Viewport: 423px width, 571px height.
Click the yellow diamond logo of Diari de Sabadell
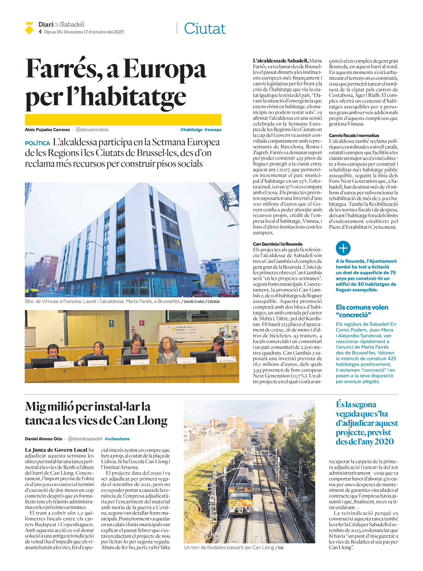tap(29, 28)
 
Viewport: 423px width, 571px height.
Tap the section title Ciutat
tap(205, 28)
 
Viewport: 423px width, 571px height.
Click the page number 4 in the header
tap(40, 32)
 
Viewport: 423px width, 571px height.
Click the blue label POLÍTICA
tap(37, 143)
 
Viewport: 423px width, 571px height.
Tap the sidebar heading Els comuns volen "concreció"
tap(362, 311)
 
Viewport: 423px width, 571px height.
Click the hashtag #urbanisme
tap(117, 439)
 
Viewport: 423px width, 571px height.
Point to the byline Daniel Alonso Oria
tap(43, 439)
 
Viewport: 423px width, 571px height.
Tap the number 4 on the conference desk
tap(224, 366)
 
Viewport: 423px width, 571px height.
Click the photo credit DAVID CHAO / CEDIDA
tap(201, 302)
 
